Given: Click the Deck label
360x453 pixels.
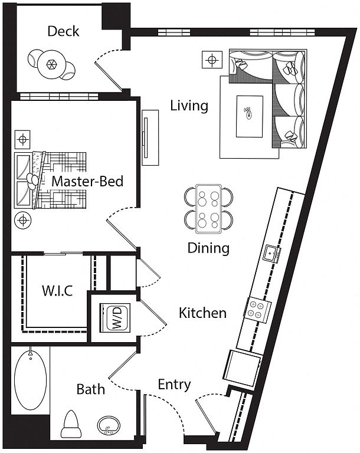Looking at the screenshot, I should tap(64, 31).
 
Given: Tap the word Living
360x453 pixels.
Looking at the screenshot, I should tap(189, 106).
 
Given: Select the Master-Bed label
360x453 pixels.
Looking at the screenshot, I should tap(87, 181).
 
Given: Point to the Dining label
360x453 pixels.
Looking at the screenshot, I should tap(208, 248).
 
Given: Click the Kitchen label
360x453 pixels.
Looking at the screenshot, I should tap(202, 313).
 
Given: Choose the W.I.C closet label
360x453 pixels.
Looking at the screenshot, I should tap(57, 291).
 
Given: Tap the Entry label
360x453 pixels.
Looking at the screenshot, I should tap(174, 385).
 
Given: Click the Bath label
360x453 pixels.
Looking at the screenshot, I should tap(91, 389).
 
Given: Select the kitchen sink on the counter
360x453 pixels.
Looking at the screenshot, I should tap(272, 254).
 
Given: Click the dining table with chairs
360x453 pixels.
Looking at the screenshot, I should tap(208, 208).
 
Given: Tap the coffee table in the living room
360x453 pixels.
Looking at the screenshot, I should tap(248, 112).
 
